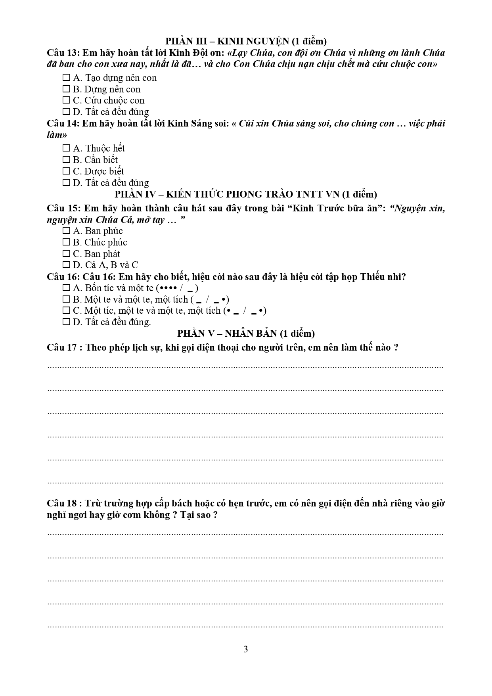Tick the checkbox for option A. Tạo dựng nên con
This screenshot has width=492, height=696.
pyautogui.click(x=66, y=78)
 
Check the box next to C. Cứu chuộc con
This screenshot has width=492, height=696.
pyautogui.click(x=66, y=100)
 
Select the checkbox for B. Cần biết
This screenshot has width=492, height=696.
pyautogui.click(x=66, y=160)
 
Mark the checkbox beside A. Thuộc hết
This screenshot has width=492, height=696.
pyautogui.click(x=66, y=148)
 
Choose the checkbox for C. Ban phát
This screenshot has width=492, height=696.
pyautogui.click(x=66, y=254)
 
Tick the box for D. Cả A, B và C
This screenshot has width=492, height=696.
pyautogui.click(x=66, y=265)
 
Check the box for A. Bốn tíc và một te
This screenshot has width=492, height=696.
pyautogui.click(x=66, y=288)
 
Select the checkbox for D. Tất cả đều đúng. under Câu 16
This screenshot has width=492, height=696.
pyautogui.click(x=66, y=322)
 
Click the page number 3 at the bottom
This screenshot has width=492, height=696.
pyautogui.click(x=246, y=649)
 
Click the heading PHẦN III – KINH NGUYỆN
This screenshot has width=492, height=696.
pyautogui.click(x=246, y=41)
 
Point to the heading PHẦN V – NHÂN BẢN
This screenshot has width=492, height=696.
pyautogui.click(x=246, y=334)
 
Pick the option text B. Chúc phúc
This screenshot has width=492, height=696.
pyautogui.click(x=100, y=242)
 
